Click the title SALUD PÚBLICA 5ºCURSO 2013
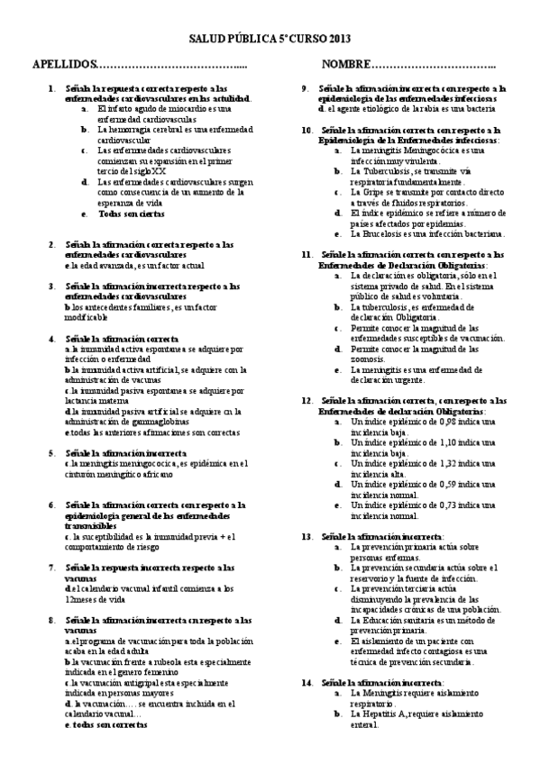click(x=270, y=40)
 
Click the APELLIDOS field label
click(x=62, y=67)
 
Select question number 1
click(x=50, y=88)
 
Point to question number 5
click(x=50, y=452)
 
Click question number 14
click(x=307, y=683)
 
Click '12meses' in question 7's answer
click(x=83, y=599)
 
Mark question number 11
click(x=307, y=254)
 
